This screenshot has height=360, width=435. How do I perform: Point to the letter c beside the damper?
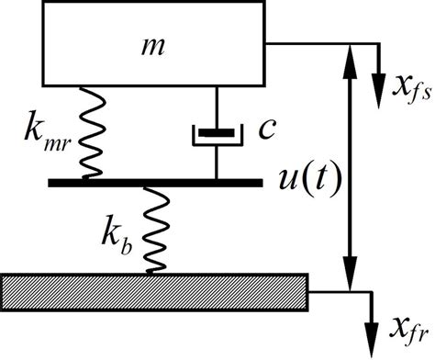tap(267, 128)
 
